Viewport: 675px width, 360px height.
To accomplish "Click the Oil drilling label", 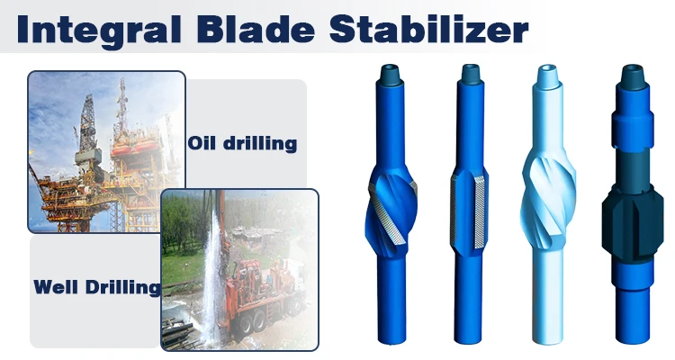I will pos(242,143).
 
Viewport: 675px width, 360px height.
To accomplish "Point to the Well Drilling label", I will pos(96,288).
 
